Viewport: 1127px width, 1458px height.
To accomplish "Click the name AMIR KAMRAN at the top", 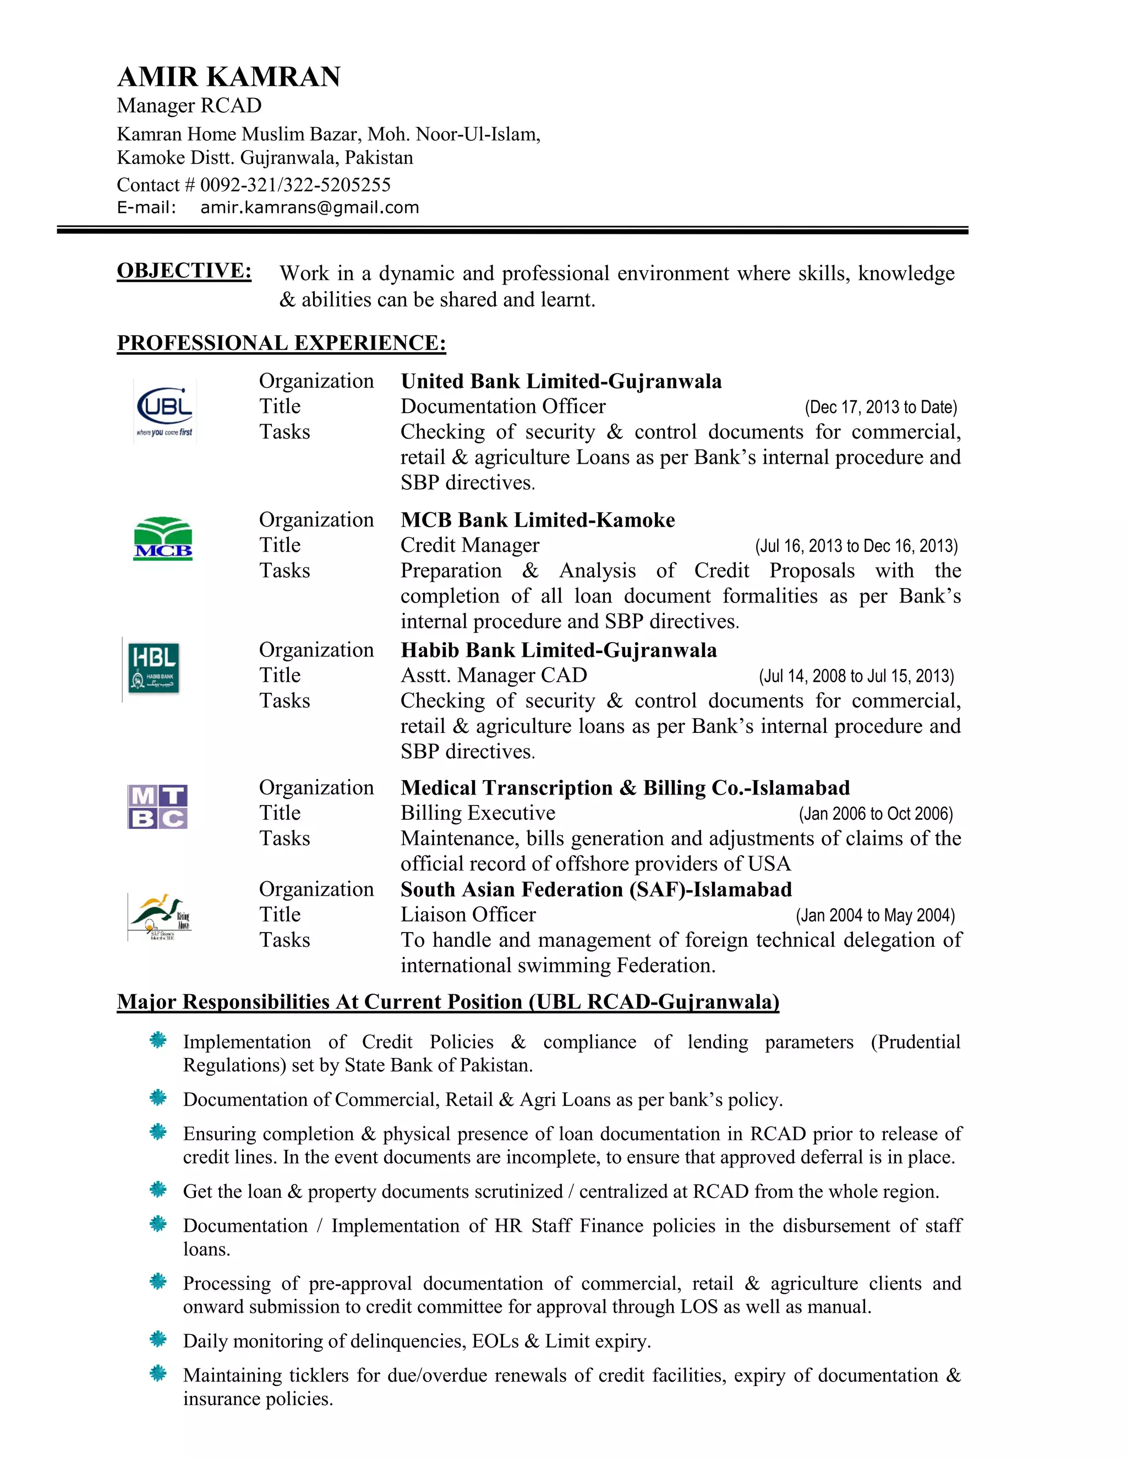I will (x=229, y=77).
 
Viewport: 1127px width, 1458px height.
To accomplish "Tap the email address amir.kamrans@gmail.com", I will (x=309, y=207).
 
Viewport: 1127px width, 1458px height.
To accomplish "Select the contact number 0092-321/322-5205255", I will (x=295, y=185).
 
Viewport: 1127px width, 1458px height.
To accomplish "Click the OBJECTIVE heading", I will (x=184, y=270).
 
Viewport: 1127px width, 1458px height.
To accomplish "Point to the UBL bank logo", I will (x=164, y=410).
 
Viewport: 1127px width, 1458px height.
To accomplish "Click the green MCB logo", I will (x=163, y=538).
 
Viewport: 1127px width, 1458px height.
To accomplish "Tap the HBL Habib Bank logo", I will (x=154, y=668).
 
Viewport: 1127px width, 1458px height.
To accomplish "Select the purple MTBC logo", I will (x=157, y=807).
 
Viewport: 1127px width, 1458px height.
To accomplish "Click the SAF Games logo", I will (x=160, y=917).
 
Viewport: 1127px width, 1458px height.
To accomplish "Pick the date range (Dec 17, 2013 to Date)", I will (x=880, y=407).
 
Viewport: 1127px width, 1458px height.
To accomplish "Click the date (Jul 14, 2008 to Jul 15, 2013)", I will (x=856, y=676).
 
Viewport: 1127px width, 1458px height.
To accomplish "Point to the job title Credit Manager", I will (x=469, y=545).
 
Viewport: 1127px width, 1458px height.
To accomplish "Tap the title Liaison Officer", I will (x=468, y=914).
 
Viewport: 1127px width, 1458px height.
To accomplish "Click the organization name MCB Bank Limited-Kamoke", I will (x=538, y=520).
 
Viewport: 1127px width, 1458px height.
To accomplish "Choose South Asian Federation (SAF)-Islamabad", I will (x=595, y=889).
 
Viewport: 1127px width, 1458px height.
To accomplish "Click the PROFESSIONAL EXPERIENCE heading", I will (x=281, y=343).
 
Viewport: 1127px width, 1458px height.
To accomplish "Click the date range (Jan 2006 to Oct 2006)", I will (x=876, y=814).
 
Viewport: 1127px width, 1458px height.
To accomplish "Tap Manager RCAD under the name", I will (x=189, y=106).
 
